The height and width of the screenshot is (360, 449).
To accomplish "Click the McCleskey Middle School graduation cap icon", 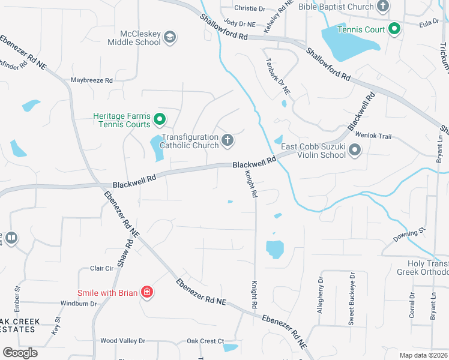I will [170, 37].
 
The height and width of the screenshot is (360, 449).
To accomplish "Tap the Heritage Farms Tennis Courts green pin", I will [160, 120].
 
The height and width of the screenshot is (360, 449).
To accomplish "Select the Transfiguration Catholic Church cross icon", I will [227, 140].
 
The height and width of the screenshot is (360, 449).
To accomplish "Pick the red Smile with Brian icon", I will [146, 293].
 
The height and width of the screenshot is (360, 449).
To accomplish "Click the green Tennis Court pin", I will [394, 28].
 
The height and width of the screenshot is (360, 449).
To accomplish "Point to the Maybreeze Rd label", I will [92, 80].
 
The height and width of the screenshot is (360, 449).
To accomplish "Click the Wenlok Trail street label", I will [373, 136].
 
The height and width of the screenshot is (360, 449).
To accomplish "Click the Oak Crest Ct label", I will [205, 341].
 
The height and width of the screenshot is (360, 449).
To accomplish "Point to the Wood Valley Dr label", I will [123, 341].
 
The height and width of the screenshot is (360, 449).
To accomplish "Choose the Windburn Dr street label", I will [79, 304].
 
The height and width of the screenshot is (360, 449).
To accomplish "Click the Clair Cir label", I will [101, 268].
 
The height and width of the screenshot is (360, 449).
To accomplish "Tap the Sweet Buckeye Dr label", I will [352, 299].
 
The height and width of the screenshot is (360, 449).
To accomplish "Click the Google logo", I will [20, 352].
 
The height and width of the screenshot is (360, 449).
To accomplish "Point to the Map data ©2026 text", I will [424, 355].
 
